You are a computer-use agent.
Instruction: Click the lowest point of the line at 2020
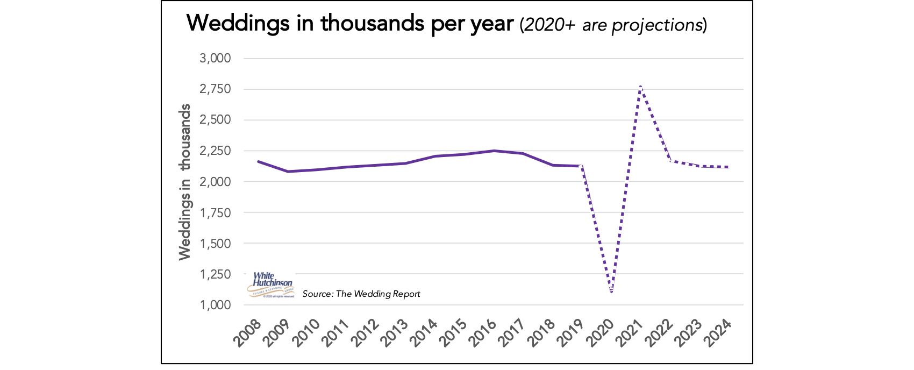coord(611,292)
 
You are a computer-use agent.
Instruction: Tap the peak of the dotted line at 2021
coord(640,86)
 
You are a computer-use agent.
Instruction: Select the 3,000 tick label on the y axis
coord(215,58)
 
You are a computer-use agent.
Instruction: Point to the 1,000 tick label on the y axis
coord(215,305)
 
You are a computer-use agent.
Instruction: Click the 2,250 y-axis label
coord(215,151)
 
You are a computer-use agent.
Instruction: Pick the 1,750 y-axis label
coord(215,212)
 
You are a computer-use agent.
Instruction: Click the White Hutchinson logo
coord(272,284)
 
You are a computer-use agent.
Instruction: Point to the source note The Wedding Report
coord(361,294)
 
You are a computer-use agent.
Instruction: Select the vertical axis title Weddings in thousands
coord(185,182)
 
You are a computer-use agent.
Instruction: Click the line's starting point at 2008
coord(259,161)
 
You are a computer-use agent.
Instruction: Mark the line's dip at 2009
coord(288,172)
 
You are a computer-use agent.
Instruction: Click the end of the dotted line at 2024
coord(728,167)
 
